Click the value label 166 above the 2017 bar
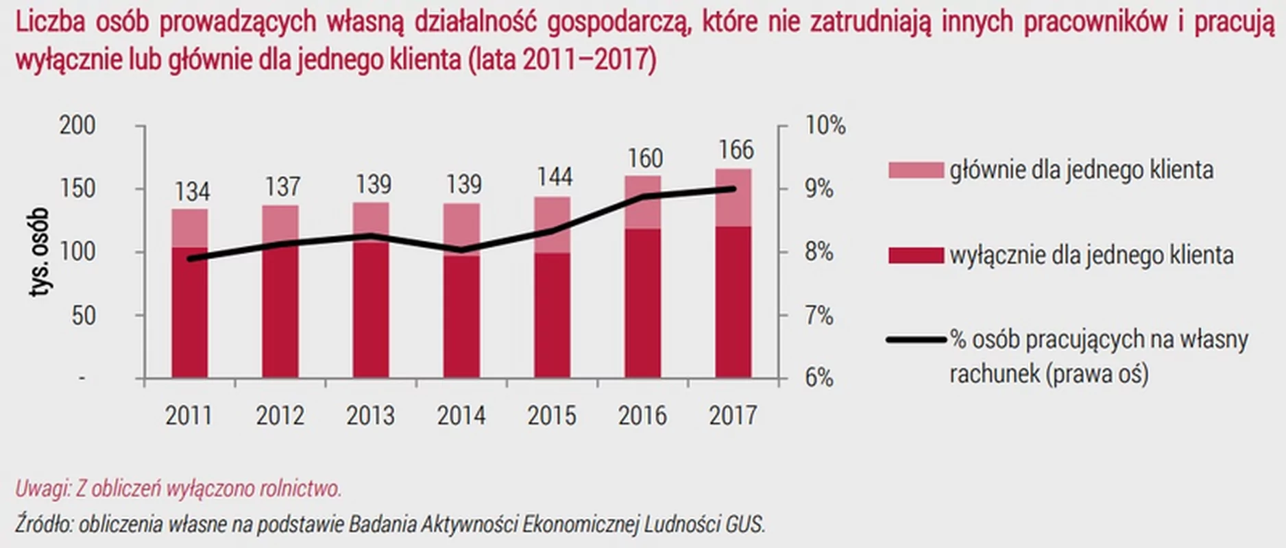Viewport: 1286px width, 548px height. (x=736, y=150)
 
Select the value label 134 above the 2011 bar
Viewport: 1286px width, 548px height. (x=192, y=191)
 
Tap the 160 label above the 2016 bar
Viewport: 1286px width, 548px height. (x=645, y=158)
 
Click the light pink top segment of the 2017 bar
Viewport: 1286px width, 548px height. (x=733, y=197)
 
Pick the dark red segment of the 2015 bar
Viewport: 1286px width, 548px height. (x=553, y=315)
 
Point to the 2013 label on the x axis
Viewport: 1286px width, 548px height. (x=370, y=416)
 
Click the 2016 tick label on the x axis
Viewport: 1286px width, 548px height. (x=642, y=416)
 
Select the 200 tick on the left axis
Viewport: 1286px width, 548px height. (x=77, y=126)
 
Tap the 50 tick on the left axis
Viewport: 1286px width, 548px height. (x=83, y=316)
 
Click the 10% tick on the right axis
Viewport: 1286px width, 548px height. (x=825, y=126)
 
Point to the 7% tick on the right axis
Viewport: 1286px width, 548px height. (x=819, y=316)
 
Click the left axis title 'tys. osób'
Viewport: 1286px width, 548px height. (x=39, y=252)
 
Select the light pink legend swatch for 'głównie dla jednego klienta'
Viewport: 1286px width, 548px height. (x=916, y=171)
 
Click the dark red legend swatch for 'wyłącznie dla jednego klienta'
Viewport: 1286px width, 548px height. (x=916, y=256)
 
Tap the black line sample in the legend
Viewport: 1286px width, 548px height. (x=916, y=339)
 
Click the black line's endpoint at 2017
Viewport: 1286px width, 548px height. (x=733, y=189)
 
